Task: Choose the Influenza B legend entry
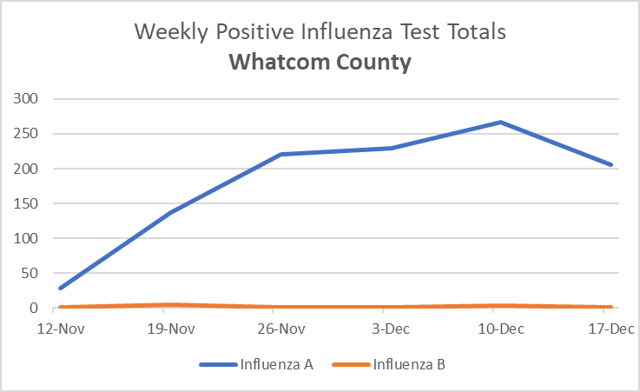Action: [x=409, y=364]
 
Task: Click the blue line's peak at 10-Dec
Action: [x=501, y=123]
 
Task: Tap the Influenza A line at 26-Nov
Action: [x=280, y=155]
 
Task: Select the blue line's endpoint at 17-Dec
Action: [x=611, y=165]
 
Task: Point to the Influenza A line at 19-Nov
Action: [x=169, y=213]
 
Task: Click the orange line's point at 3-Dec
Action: [x=391, y=307]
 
